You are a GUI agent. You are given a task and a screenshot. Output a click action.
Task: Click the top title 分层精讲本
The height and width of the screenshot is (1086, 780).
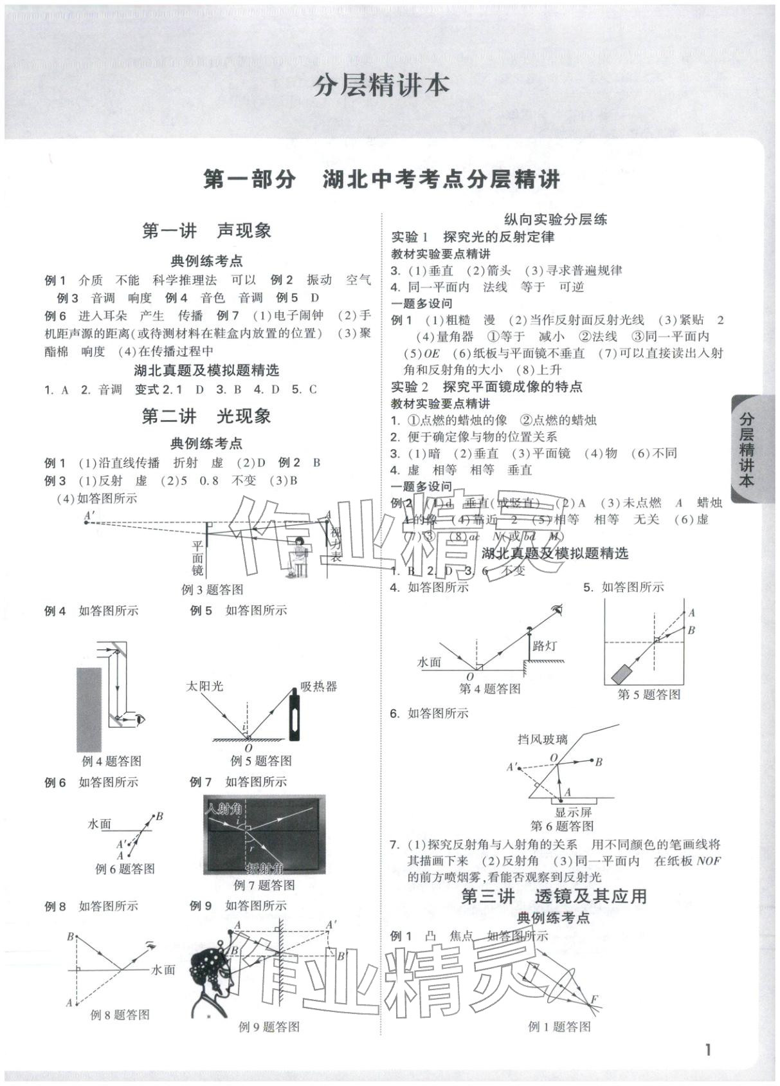381,86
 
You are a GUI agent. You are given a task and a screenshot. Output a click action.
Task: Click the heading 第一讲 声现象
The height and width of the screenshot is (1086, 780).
206,231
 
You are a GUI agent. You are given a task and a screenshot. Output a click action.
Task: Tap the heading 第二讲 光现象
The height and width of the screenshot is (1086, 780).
206,416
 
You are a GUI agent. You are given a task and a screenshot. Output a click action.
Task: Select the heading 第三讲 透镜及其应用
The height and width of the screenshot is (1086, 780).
554,896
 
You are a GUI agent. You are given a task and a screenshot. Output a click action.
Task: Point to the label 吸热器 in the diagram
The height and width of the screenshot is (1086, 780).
318,686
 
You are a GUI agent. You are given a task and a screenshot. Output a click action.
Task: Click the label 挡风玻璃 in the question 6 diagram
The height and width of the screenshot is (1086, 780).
543,740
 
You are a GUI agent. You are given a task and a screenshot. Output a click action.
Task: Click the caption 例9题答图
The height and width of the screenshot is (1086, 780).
269,1027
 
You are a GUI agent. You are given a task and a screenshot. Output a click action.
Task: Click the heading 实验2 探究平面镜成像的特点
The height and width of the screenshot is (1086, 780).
487,387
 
